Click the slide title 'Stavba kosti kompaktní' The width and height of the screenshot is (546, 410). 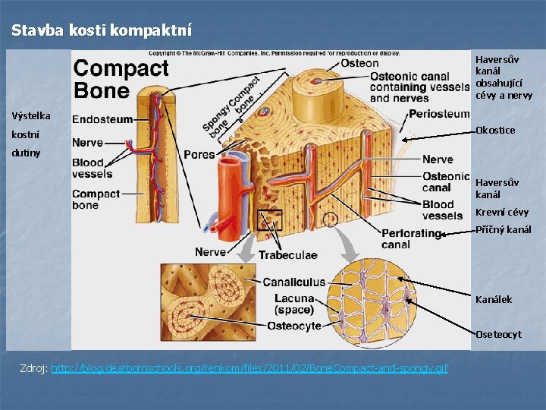pos(102,30)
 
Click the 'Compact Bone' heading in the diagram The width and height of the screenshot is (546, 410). pos(121,79)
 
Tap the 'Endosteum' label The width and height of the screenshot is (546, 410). pos(102,119)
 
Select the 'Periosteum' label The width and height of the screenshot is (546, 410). pos(439,114)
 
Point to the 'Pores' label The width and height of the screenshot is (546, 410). pos(199,154)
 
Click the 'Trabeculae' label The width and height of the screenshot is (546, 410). pos(287,255)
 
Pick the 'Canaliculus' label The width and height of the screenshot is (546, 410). pos(294,282)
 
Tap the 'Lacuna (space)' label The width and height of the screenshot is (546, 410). pos(294,304)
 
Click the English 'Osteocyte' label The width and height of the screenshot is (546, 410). pos(294,326)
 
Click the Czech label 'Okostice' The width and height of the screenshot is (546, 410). pos(495,130)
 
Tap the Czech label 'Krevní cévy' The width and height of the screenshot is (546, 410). pos(502,212)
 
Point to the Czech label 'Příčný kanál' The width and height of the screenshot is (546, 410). pos(504,229)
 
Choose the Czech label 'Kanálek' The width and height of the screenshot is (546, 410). pos(494,299)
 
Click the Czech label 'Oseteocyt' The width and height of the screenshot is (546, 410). pos(498,334)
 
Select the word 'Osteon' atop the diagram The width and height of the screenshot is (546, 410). pos(359,63)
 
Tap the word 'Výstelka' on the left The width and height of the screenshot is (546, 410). pos(31,116)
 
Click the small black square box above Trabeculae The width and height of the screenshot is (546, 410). pos(270,220)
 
